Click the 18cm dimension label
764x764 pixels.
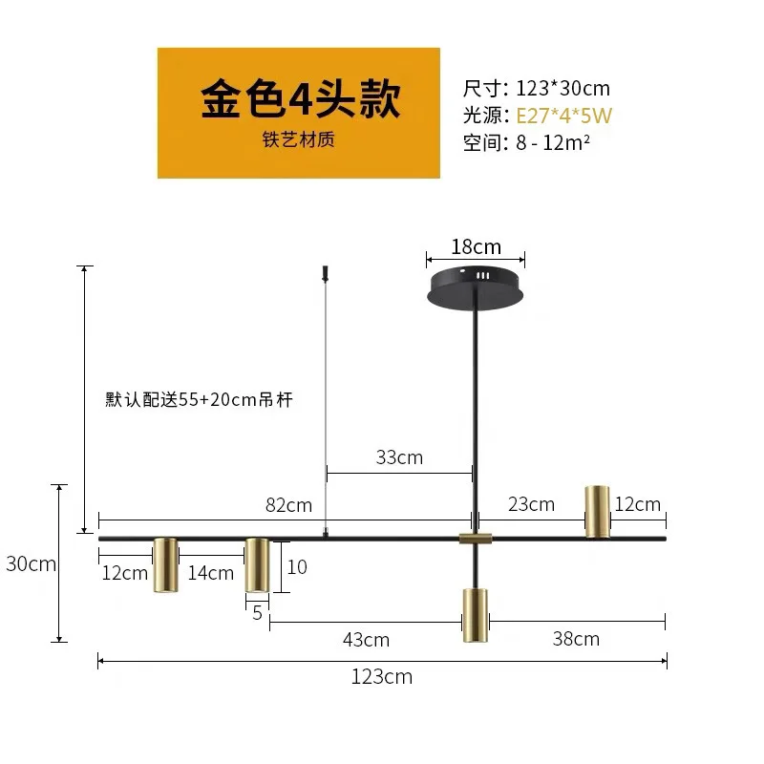[x=476, y=246]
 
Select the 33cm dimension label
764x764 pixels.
[x=399, y=457]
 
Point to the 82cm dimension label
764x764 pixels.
[x=288, y=505]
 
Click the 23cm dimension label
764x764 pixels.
[x=531, y=504]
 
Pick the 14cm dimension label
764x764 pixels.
[x=210, y=573]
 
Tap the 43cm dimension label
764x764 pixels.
[x=366, y=640]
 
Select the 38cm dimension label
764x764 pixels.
[x=576, y=639]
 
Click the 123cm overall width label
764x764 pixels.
[x=381, y=677]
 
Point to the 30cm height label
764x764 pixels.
[x=31, y=563]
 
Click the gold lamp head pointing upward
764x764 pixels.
[x=598, y=511]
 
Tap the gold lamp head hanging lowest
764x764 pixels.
[x=475, y=615]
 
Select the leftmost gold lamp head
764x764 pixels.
[x=165, y=565]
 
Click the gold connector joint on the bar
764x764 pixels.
[x=475, y=539]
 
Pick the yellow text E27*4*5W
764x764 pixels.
[x=563, y=116]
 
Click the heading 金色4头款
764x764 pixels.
[x=300, y=100]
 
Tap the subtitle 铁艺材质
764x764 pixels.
[x=299, y=139]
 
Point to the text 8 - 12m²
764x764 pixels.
[x=553, y=142]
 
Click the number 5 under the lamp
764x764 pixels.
[x=257, y=613]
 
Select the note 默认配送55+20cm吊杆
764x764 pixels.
[x=200, y=400]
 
